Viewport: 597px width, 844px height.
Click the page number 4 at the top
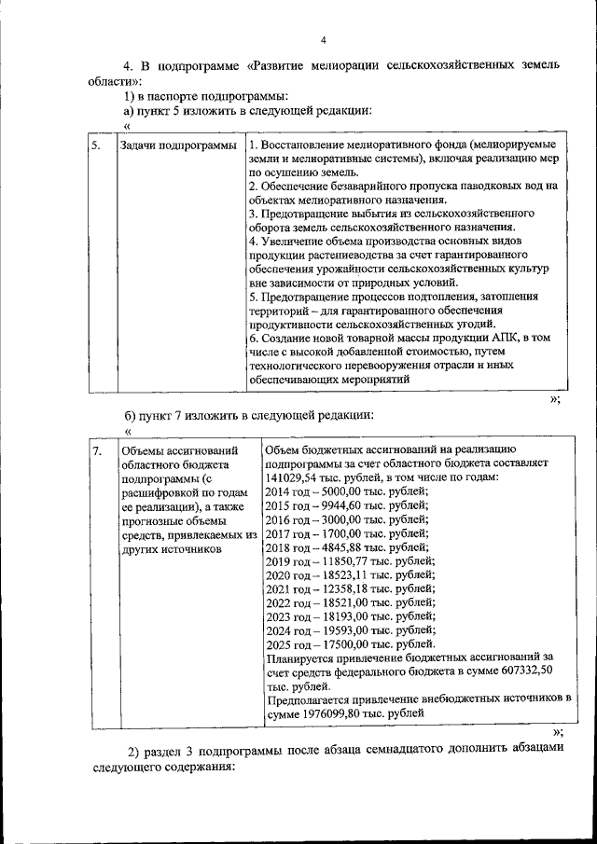click(x=323, y=39)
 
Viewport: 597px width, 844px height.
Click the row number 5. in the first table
click(x=96, y=146)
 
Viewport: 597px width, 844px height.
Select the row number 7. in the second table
click(x=97, y=451)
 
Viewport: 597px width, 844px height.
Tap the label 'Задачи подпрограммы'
click(x=178, y=146)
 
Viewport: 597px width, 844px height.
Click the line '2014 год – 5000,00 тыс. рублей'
click(x=347, y=491)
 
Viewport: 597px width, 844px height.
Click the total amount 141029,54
click(x=292, y=477)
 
